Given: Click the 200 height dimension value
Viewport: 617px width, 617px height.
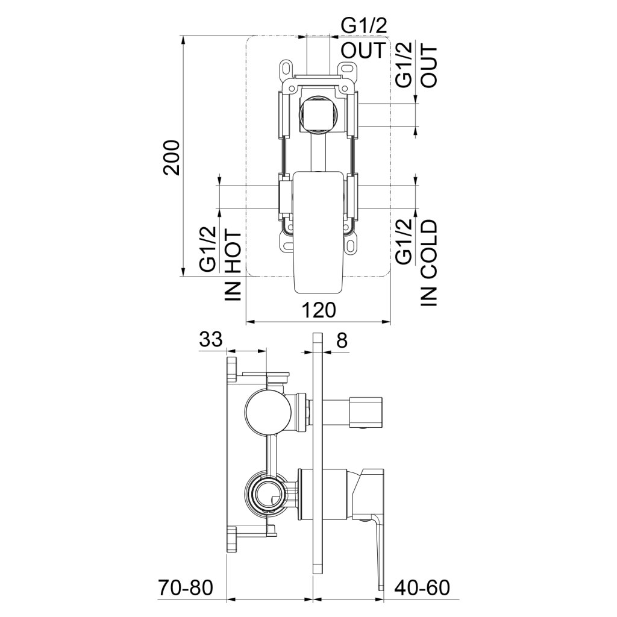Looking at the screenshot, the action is coord(172,157).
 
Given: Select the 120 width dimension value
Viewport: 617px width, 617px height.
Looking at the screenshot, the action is coord(319,310).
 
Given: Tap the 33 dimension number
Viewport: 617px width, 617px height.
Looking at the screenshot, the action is coord(211,340).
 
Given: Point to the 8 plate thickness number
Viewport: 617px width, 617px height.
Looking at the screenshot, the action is coord(342,340).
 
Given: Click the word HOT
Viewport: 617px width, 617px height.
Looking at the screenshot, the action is coord(233,252).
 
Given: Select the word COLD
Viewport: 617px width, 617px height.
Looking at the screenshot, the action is coord(429,249).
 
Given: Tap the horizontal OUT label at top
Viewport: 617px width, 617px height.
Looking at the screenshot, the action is coord(363,51).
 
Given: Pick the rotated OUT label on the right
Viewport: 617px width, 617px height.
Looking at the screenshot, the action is coord(429,66).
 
